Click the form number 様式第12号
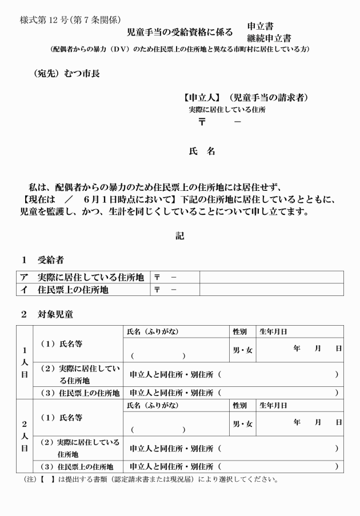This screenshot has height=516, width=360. point(47,19)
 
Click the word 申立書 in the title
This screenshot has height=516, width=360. point(260,26)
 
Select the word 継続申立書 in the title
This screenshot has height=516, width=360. point(269,38)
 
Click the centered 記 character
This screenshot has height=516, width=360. point(180,235)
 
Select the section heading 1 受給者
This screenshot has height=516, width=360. point(43,259)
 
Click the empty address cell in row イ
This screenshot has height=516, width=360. point(271,290)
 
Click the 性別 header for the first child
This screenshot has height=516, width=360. point(239,331)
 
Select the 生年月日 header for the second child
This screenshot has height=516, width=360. point(274,405)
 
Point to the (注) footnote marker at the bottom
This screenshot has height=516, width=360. point(28,479)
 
